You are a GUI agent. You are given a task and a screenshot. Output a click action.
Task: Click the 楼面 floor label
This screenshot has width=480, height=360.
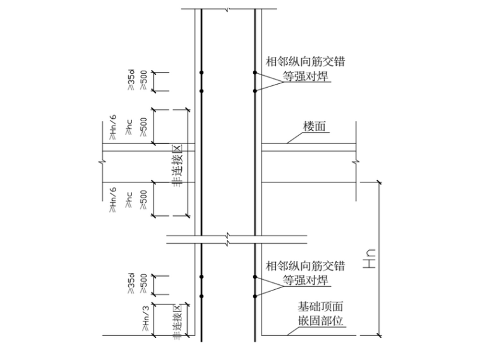[x=314, y=126]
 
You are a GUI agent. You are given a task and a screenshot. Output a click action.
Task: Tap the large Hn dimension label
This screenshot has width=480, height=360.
[x=370, y=258]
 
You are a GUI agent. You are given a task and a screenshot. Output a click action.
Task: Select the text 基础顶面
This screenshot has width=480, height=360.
[x=320, y=307]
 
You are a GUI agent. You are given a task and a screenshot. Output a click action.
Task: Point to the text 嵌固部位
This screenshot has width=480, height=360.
[x=320, y=320]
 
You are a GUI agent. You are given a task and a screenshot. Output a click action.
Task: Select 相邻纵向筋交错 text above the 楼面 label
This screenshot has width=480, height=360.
[x=306, y=63]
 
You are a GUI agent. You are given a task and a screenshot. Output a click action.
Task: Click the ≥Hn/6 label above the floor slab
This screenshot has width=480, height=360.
[x=112, y=129]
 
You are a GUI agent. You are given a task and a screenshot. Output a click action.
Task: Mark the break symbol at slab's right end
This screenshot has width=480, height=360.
[x=357, y=165]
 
